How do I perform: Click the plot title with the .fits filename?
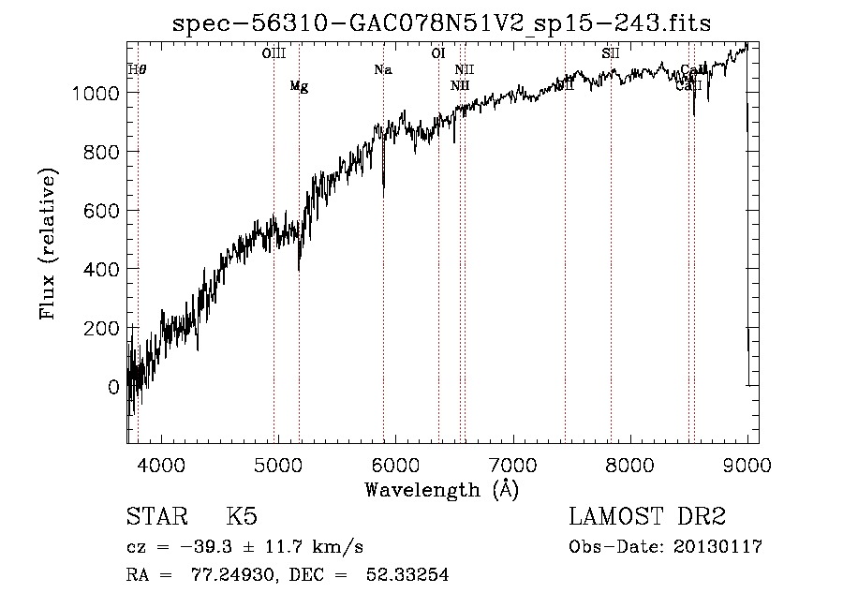(442, 23)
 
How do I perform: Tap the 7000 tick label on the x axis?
(512, 464)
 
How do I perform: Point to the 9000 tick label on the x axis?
(746, 464)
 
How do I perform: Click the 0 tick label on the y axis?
(113, 387)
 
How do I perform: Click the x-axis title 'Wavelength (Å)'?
(441, 489)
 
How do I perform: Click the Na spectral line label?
(382, 70)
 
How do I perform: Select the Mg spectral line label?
(299, 87)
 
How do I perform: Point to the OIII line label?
(274, 53)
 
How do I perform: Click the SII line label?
(611, 53)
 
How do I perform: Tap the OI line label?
(437, 53)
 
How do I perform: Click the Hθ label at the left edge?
(137, 70)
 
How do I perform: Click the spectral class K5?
(242, 518)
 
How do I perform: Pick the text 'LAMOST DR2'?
(647, 518)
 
